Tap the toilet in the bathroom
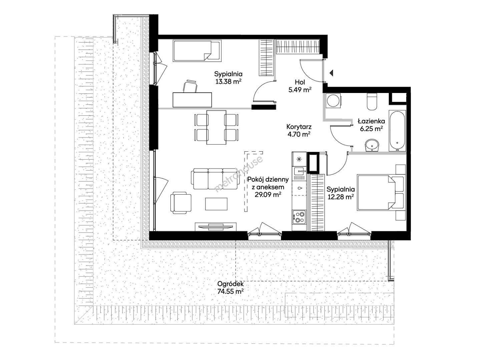372,101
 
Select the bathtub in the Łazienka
397,130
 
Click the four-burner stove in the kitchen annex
299,217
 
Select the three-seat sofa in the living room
215,178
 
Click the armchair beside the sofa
181,203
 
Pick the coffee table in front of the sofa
216,204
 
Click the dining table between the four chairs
216,127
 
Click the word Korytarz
299,127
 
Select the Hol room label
300,82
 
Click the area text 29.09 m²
268,194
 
